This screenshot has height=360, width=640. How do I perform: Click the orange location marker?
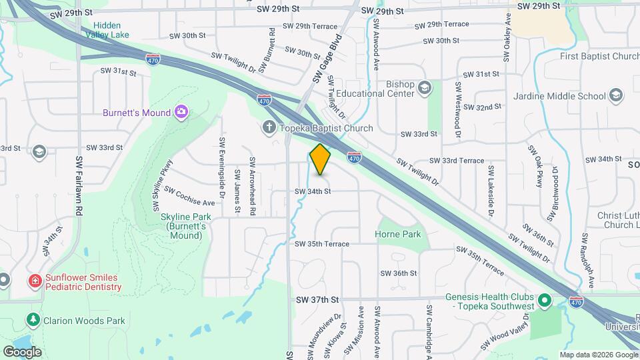[x=320, y=159]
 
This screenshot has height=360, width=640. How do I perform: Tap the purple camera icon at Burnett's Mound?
[x=181, y=111]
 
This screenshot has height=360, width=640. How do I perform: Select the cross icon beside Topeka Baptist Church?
[x=269, y=127]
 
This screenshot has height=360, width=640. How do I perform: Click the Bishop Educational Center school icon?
[x=425, y=87]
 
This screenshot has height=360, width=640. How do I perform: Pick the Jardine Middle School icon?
[x=617, y=95]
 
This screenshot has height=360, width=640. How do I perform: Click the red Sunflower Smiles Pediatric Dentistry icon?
[x=35, y=281]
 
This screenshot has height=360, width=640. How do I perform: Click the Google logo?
[x=22, y=352]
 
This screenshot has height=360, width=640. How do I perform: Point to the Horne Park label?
[x=397, y=234]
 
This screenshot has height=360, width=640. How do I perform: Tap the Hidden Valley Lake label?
[x=107, y=30]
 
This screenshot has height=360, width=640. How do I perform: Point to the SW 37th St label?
[x=318, y=300]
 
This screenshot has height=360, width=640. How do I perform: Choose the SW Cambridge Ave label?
[x=429, y=330]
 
